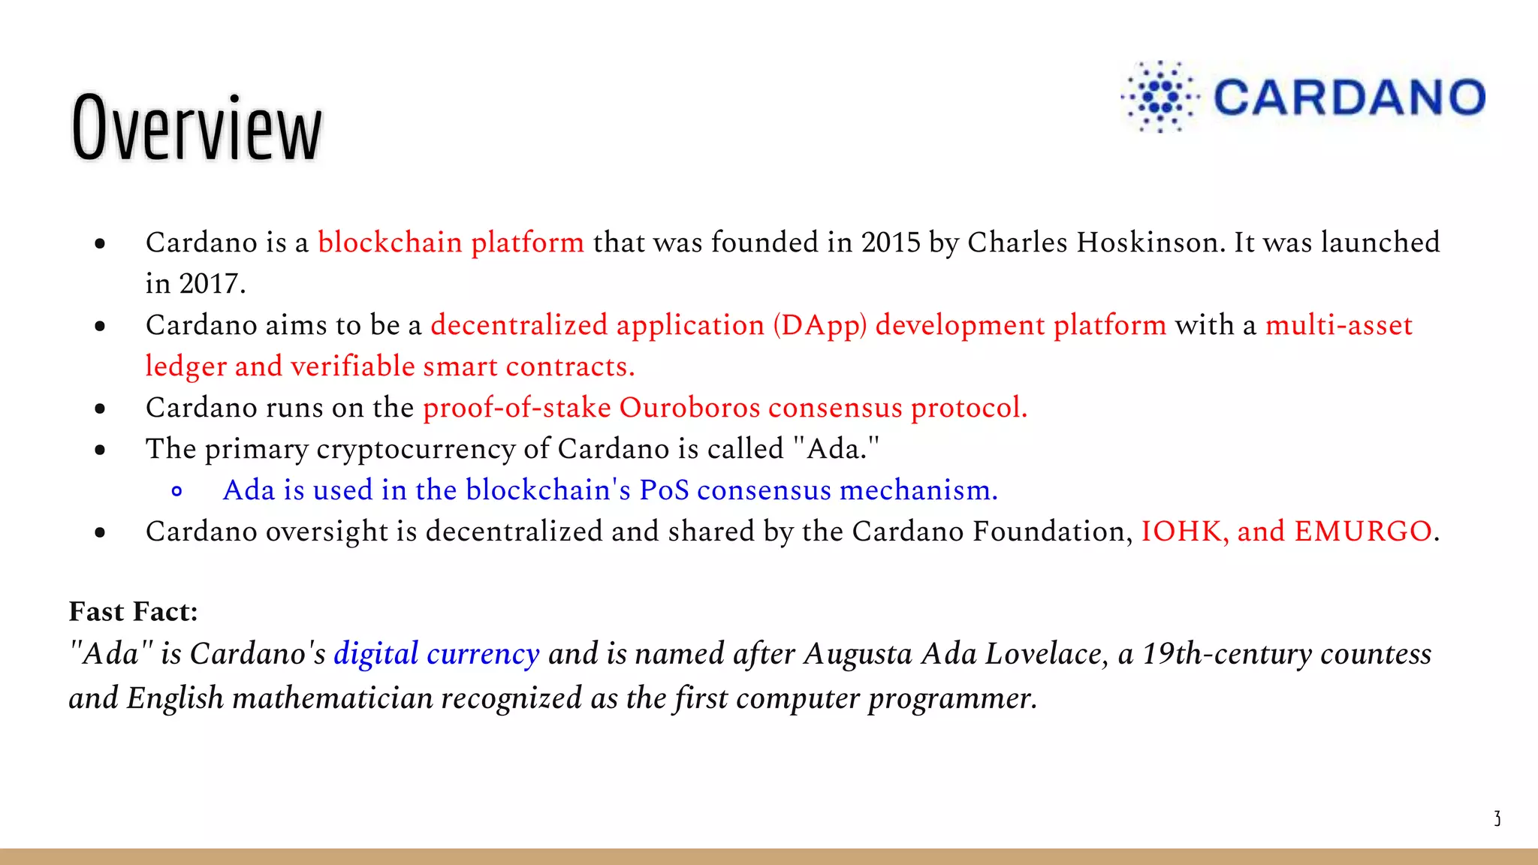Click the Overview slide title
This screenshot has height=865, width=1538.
pyautogui.click(x=197, y=128)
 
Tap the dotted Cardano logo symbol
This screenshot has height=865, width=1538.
pyautogui.click(x=1160, y=97)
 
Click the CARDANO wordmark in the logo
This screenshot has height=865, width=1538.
pyautogui.click(x=1349, y=98)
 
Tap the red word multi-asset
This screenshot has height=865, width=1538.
pyautogui.click(x=1339, y=325)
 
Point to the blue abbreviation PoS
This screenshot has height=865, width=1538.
pyautogui.click(x=664, y=490)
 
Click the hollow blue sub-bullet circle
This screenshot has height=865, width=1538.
pyautogui.click(x=177, y=492)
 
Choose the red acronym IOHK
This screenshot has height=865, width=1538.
pyautogui.click(x=1184, y=532)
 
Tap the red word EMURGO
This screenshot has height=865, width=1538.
pyautogui.click(x=1363, y=532)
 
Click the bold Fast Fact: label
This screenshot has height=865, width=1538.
pyautogui.click(x=133, y=611)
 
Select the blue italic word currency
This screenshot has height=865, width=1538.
pyautogui.click(x=483, y=654)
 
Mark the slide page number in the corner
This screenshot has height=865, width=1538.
pyautogui.click(x=1497, y=818)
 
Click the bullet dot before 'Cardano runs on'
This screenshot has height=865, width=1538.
pyautogui.click(x=100, y=409)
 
